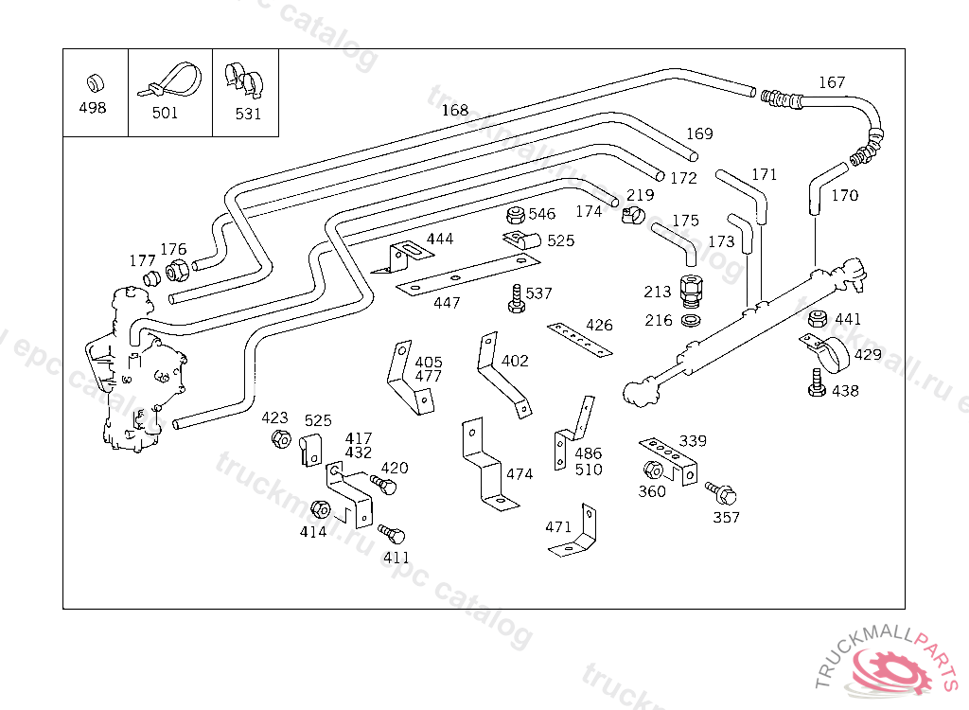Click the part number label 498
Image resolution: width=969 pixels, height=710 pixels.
tap(93, 108)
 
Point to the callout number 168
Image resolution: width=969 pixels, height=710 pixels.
tap(455, 111)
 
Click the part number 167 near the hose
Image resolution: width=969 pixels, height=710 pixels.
tap(832, 83)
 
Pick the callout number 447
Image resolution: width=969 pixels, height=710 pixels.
tap(447, 303)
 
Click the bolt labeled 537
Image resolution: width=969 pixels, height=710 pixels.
tap(516, 298)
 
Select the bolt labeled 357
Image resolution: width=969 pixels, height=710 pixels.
tap(723, 493)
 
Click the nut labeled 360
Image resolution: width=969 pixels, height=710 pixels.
tap(652, 470)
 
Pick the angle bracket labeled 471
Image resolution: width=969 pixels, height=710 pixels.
tap(578, 535)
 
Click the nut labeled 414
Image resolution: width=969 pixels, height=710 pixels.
tap(320, 510)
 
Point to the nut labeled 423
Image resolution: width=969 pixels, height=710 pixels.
tap(280, 439)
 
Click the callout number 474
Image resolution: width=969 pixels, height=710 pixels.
tap(520, 474)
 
